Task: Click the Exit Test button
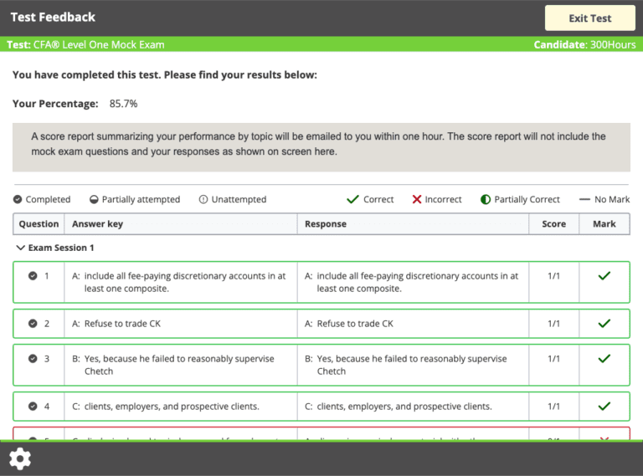[589, 18]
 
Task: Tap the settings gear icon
[20, 458]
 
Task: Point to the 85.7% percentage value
[123, 104]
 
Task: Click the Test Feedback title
[53, 17]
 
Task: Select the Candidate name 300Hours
[611, 44]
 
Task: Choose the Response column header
[326, 224]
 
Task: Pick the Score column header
[553, 224]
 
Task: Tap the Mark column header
[604, 224]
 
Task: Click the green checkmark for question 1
[604, 275]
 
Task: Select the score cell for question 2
[553, 324]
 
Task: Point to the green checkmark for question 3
[604, 358]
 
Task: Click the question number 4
[47, 407]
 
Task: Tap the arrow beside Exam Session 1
[20, 248]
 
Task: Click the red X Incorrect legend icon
[417, 199]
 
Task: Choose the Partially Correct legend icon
[486, 199]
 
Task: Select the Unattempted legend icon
[203, 199]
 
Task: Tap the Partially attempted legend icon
[95, 199]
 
